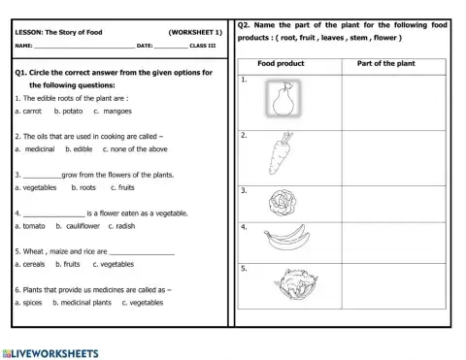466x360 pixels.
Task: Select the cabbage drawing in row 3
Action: click(x=281, y=202)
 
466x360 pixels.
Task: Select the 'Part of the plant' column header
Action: click(x=387, y=64)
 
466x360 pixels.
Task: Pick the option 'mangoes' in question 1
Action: click(x=116, y=112)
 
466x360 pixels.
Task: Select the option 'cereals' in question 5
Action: click(x=32, y=264)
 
